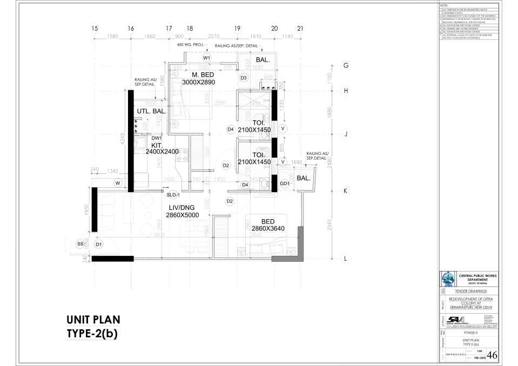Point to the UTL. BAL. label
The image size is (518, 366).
point(151,111)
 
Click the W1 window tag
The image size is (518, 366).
point(206,58)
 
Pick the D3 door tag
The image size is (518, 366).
point(244,78)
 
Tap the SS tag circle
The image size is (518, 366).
point(80,245)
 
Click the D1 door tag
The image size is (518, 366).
point(99,245)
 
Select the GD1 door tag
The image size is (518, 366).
point(285,184)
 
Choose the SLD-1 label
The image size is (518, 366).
point(173,194)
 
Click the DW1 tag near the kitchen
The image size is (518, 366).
point(157,138)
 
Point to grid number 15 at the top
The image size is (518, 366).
point(95,29)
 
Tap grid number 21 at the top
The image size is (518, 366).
point(300,29)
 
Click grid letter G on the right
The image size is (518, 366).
point(346,65)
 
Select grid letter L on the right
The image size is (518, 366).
point(346,259)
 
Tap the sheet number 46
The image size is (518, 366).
point(493,355)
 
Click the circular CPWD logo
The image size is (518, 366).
point(448,280)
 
